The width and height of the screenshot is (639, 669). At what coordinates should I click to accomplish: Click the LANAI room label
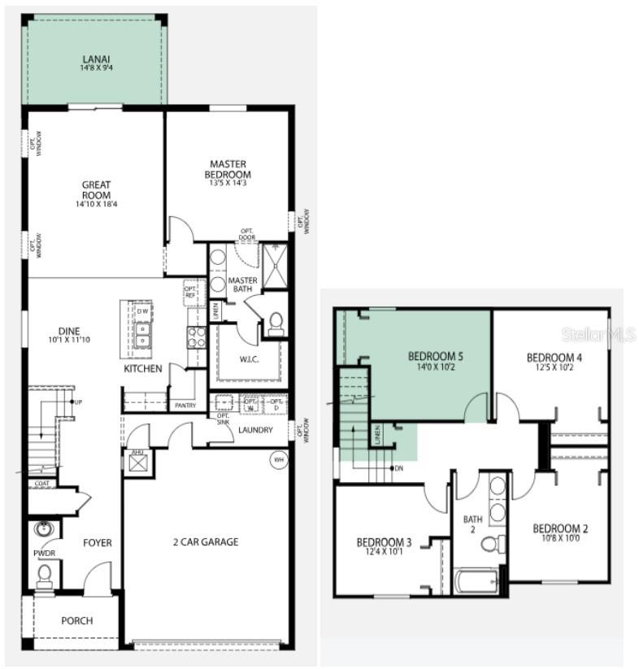pyautogui.click(x=97, y=59)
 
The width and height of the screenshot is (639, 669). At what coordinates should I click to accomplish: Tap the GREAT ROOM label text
pyautogui.click(x=97, y=190)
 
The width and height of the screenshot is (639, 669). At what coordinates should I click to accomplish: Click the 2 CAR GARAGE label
pyautogui.click(x=206, y=542)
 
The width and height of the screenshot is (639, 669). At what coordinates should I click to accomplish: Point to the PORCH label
pyautogui.click(x=77, y=620)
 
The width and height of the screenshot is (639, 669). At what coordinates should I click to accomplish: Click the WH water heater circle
pyautogui.click(x=279, y=460)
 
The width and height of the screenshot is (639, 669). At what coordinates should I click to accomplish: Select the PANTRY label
pyautogui.click(x=185, y=405)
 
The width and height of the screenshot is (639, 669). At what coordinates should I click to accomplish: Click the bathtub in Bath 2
pyautogui.click(x=476, y=581)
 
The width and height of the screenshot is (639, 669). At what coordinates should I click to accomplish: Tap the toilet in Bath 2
pyautogui.click(x=490, y=543)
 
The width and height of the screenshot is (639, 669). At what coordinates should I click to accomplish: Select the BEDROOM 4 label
pyautogui.click(x=554, y=358)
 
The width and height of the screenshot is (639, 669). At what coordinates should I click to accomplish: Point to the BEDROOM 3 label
pyautogui.click(x=384, y=542)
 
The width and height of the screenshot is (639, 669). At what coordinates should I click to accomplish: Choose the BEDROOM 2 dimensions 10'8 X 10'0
pyautogui.click(x=561, y=538)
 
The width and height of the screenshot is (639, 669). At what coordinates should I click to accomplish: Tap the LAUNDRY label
pyautogui.click(x=255, y=430)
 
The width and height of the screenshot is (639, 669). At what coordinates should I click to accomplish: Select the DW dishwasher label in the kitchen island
pyautogui.click(x=142, y=311)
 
